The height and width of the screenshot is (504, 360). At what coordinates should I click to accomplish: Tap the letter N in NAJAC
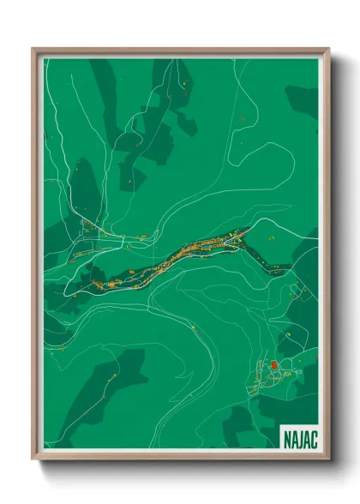[x=287, y=438]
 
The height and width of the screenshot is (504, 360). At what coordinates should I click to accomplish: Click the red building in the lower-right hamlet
[x=273, y=366]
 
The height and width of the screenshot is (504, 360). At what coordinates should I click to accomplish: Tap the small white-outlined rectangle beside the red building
[x=280, y=370]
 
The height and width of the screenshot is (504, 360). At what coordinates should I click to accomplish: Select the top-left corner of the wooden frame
[x=33, y=48]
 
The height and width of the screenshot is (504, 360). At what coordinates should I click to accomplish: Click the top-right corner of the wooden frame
[x=328, y=48]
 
